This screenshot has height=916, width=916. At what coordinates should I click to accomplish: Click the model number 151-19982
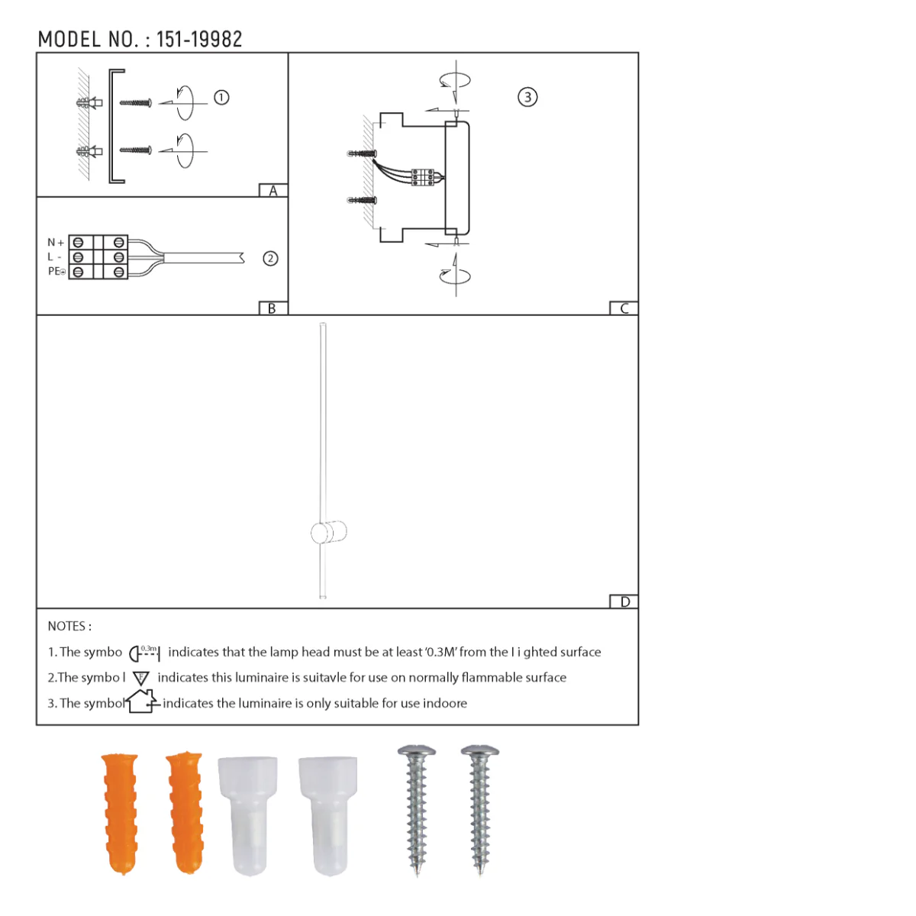pos(199,40)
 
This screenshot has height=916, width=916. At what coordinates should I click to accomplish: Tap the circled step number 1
pos(221,98)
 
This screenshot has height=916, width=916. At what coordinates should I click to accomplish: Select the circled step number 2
pos(270,259)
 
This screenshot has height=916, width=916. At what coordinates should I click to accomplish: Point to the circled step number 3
pos(527,97)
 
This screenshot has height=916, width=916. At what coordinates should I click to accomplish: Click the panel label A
pos(273,191)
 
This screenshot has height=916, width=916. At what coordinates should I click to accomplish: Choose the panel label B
pos(272,308)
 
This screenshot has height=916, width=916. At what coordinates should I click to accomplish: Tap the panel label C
pos(624,308)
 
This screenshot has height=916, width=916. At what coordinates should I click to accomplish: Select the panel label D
pos(624,602)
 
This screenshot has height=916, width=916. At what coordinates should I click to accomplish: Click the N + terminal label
pos(56,243)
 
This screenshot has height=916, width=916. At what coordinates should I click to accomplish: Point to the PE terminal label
pos(56,272)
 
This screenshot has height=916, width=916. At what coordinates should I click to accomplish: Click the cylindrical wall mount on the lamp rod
pos(329,532)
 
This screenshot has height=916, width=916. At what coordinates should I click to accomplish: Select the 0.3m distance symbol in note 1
pos(144,653)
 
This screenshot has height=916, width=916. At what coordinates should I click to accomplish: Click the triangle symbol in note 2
pos(141,678)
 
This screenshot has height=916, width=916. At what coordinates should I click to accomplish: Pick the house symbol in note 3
pos(143,702)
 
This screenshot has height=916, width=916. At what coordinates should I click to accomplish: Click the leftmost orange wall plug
pos(121,812)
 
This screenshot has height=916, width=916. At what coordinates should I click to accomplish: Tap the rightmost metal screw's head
pos(481,753)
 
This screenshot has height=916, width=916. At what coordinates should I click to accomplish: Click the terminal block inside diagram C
pos(422,177)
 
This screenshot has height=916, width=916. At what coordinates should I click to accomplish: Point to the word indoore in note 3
pos(444,703)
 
